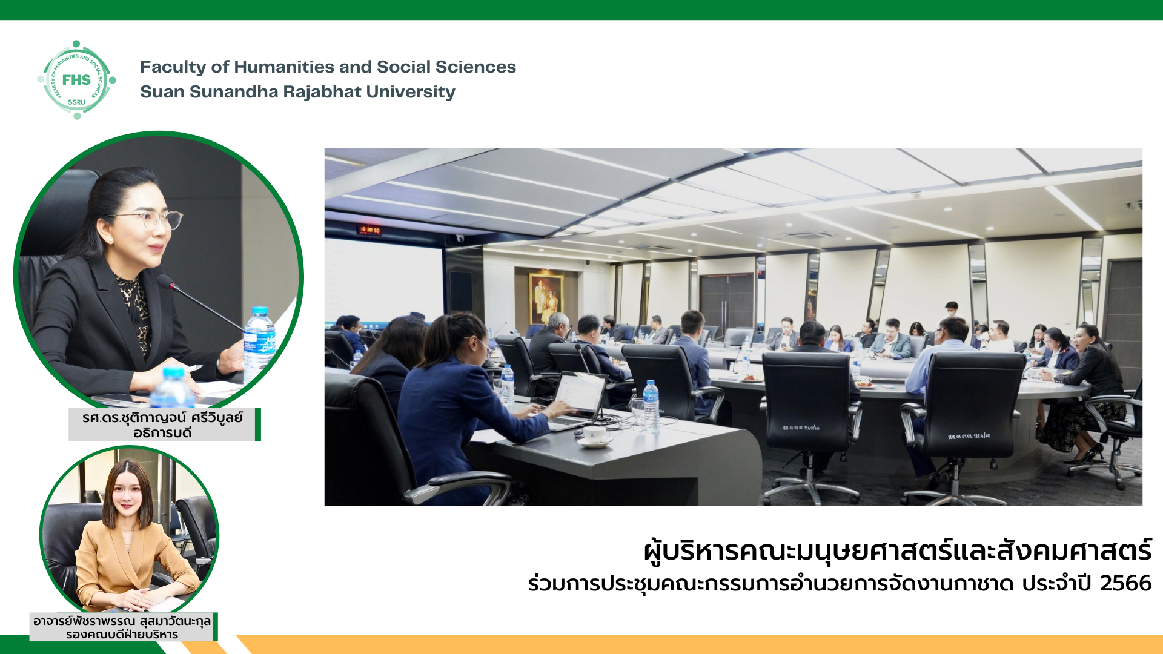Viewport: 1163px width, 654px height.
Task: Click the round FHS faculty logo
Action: (76, 80)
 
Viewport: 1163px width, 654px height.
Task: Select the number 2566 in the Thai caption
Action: (1125, 583)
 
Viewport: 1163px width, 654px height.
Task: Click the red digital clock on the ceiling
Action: (369, 230)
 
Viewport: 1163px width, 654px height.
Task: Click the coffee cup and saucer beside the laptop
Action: (595, 436)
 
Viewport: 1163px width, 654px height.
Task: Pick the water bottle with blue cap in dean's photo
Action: (259, 345)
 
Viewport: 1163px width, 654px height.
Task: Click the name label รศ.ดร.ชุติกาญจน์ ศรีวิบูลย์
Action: (162, 417)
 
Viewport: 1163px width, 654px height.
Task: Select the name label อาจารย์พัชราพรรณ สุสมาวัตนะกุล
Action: (122, 621)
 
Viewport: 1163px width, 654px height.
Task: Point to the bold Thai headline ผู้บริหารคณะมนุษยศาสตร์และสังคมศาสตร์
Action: (898, 551)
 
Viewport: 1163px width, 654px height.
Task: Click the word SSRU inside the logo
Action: (76, 102)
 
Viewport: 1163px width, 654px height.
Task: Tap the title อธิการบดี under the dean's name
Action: (162, 433)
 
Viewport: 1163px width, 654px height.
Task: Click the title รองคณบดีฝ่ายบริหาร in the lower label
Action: (122, 634)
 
